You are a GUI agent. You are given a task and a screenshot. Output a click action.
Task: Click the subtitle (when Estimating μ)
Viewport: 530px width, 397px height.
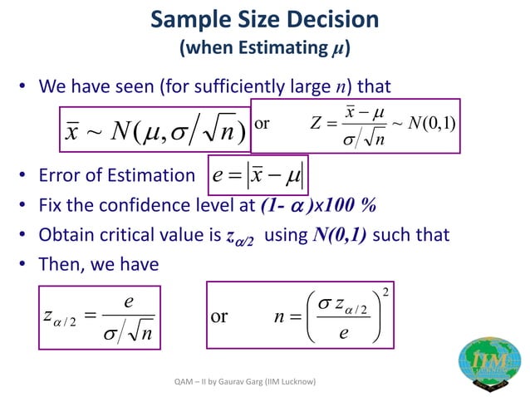[265, 47]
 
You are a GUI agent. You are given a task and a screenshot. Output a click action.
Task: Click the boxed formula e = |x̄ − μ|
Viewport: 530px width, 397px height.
[259, 175]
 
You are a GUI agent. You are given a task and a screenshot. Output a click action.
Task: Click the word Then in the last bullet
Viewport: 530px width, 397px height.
[60, 263]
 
